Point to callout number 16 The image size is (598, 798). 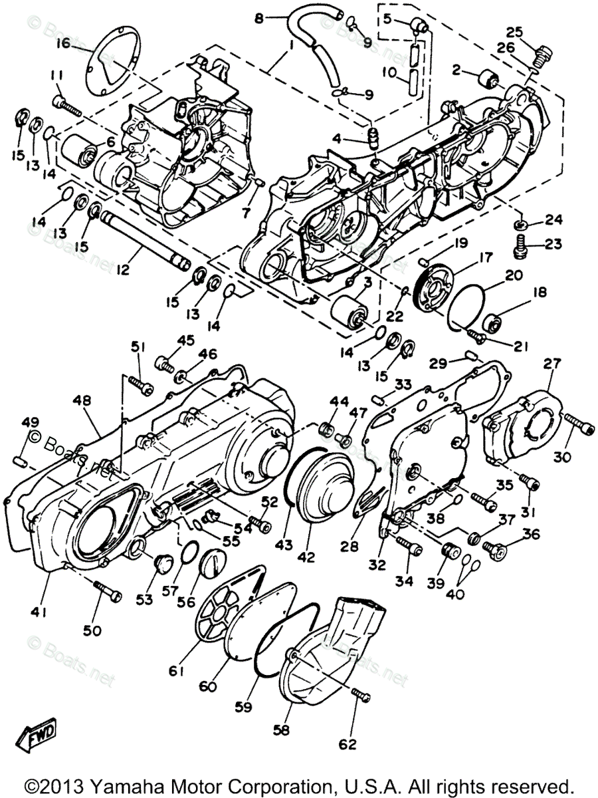coord(62,43)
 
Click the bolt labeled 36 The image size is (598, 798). coord(495,548)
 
